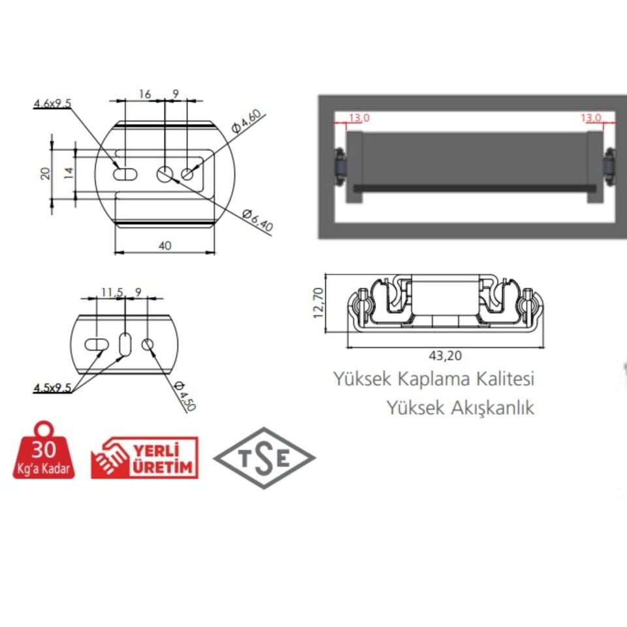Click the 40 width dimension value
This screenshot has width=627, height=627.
tap(165, 246)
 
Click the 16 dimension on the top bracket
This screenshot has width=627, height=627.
tap(145, 95)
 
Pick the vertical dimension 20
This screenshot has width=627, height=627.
tap(45, 172)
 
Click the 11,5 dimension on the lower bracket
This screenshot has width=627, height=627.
tap(112, 293)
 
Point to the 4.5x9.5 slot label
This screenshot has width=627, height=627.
tap(53, 388)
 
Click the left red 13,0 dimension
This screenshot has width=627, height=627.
tap(359, 118)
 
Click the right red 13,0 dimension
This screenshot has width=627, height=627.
tap(592, 118)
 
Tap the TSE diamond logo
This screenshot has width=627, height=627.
tap(265, 458)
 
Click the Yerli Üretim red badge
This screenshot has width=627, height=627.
tap(144, 458)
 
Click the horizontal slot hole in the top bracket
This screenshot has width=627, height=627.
tap(125, 174)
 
